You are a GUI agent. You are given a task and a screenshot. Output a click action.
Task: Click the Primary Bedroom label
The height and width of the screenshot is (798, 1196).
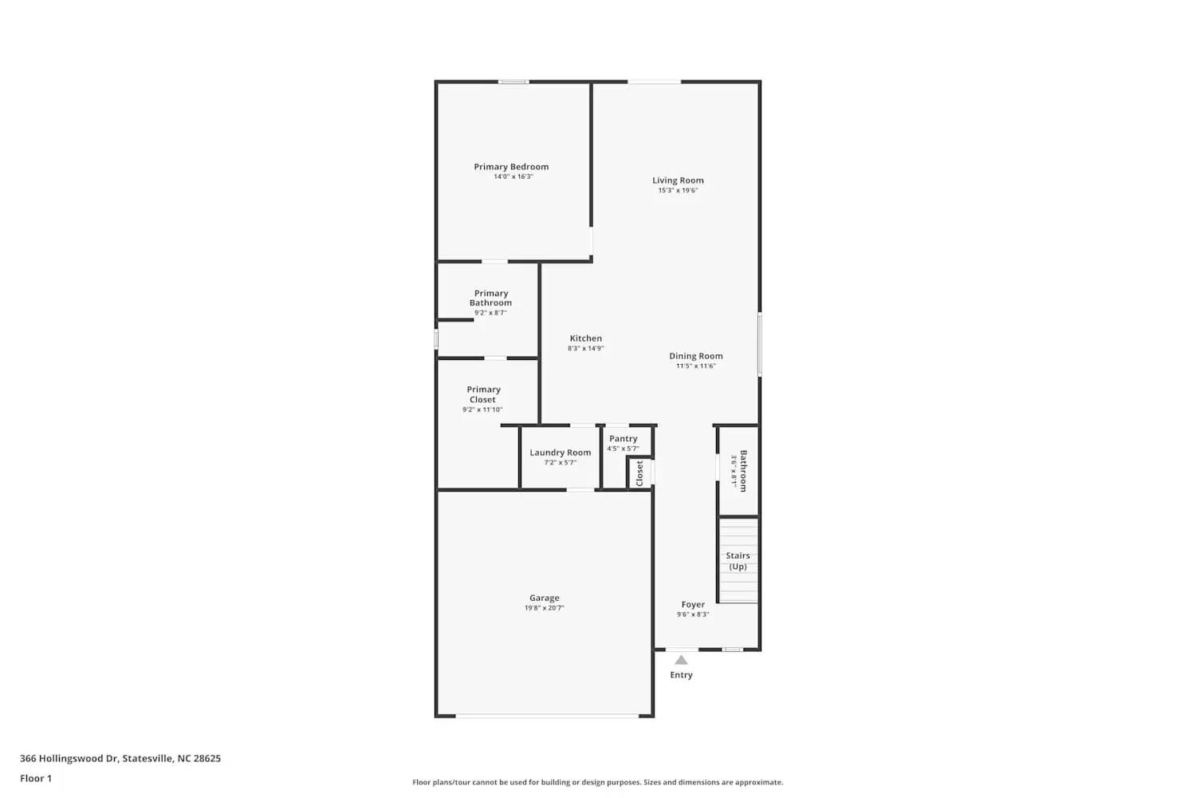click(511, 167)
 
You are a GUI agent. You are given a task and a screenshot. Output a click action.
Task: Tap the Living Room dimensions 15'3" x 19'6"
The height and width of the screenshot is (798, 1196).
click(678, 191)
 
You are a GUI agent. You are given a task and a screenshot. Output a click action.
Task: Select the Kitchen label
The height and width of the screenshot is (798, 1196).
click(585, 338)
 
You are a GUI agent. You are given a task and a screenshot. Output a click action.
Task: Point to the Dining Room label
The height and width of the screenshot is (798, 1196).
click(695, 356)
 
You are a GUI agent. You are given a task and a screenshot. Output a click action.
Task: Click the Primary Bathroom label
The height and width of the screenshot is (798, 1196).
click(490, 298)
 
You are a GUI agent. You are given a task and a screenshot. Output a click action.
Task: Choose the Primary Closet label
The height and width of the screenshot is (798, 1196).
click(482, 394)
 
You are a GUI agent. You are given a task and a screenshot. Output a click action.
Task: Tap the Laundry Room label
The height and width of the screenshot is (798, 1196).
click(560, 452)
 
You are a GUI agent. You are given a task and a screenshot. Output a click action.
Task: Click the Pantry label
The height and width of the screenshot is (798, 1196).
click(623, 439)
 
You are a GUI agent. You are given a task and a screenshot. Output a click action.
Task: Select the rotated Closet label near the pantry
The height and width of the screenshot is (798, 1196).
click(639, 473)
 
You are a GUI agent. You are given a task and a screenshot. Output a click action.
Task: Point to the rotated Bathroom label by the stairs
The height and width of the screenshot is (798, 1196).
click(743, 471)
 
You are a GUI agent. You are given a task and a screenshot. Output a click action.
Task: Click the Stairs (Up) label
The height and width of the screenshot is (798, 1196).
click(738, 561)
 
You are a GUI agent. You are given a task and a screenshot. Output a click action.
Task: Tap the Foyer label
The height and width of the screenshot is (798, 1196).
click(692, 605)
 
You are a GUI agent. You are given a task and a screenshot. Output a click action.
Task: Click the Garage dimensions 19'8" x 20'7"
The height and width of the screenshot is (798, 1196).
click(544, 608)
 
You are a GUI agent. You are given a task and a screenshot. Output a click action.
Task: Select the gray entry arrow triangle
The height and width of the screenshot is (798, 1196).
click(681, 660)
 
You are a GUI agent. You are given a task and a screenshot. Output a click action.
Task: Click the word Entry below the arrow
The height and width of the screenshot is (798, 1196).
click(681, 675)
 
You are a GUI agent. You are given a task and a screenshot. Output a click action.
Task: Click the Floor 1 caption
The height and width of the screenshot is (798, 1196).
click(36, 779)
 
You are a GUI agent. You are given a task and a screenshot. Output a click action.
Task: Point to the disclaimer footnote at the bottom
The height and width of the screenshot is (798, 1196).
click(597, 783)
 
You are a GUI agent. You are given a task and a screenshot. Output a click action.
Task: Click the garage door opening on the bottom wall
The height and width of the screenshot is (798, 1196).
click(547, 715)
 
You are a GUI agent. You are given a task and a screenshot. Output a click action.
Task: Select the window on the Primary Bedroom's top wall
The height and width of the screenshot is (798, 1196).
click(513, 81)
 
